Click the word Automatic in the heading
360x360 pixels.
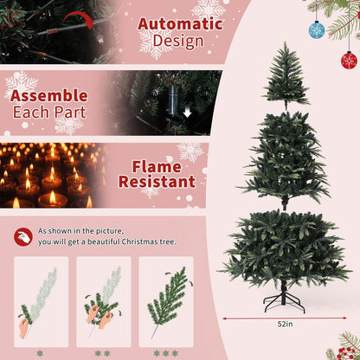coord(183,23)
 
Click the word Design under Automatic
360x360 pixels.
coord(177,41)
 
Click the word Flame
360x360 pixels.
coord(157,166)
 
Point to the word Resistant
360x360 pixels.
coord(157,183)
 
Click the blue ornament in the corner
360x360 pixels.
coord(317,31)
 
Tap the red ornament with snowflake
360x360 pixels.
coord(349,60)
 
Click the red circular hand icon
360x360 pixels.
coord(22,236)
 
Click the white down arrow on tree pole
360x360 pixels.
coord(187,112)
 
